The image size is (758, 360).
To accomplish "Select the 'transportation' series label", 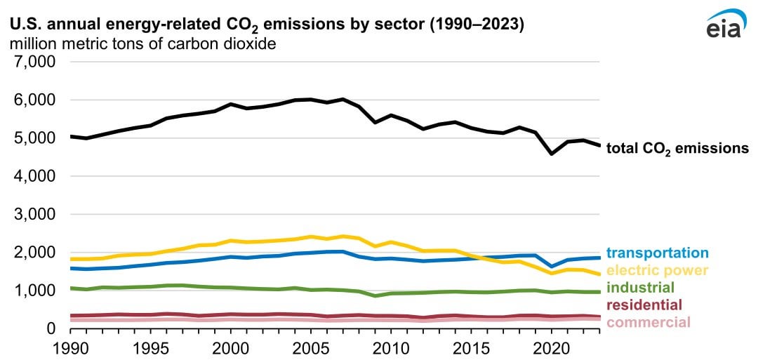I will click(x=657, y=253).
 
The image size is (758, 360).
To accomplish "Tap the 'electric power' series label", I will click(x=657, y=270).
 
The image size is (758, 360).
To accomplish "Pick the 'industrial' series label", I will click(x=640, y=288).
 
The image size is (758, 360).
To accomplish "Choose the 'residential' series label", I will click(x=644, y=305).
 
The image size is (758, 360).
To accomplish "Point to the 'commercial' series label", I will click(x=648, y=322).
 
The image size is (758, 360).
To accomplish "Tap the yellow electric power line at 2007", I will click(x=343, y=236).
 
